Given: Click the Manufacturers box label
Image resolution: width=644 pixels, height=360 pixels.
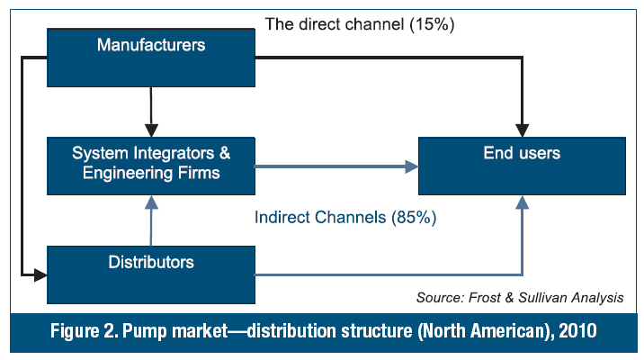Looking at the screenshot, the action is tap(151, 45).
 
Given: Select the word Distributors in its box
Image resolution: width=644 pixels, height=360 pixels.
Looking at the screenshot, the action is tap(151, 262).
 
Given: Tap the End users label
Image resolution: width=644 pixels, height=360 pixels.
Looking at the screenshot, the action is tap(522, 153).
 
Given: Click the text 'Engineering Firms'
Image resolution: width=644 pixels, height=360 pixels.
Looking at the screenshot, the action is tap(151, 173).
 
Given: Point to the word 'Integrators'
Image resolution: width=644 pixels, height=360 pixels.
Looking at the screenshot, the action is tap(174, 153).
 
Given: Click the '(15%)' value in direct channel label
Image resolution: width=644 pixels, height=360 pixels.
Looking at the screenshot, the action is tap(432, 24).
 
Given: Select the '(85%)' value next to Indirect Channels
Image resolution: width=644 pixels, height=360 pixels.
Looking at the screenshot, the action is tap(414, 218).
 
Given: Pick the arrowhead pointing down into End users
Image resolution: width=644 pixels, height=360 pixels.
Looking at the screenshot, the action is tap(522, 130).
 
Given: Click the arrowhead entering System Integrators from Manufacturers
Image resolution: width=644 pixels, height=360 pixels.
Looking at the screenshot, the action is tap(151, 130).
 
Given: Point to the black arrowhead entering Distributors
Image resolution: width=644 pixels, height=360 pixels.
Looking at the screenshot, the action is tap(40, 274).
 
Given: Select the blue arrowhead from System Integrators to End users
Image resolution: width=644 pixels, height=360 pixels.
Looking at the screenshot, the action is tap(412, 166).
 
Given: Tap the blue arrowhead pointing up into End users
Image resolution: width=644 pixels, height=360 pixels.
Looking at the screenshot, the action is tap(522, 202).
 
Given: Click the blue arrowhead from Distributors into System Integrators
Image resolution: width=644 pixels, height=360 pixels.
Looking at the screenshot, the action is tap(151, 202).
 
